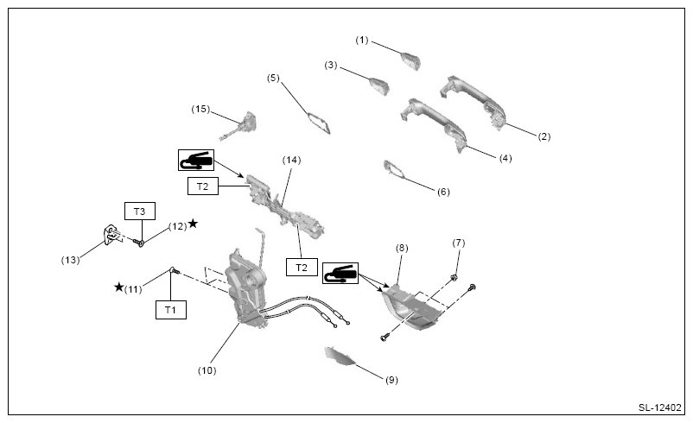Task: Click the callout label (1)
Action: pos(362,41)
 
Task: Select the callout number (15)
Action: pos(200,109)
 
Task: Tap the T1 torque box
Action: pos(170,310)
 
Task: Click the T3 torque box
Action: pos(140,211)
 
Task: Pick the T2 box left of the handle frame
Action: pos(203,186)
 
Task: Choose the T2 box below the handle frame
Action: pos(302,267)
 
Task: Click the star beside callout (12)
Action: pos(194,224)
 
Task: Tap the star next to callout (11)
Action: pos(119,287)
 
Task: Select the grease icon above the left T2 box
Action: pos(196,160)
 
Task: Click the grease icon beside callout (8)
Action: pos(340,274)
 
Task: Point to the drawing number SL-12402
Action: pos(660,407)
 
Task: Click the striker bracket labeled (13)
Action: pos(113,235)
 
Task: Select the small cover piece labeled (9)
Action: pos(340,356)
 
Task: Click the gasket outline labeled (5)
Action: pos(319,123)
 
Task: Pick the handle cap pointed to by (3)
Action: pos(379,86)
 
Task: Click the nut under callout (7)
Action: pos(453,278)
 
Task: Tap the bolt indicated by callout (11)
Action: pos(175,271)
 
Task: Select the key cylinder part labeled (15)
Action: pos(242,126)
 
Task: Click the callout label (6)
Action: pos(443,192)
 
